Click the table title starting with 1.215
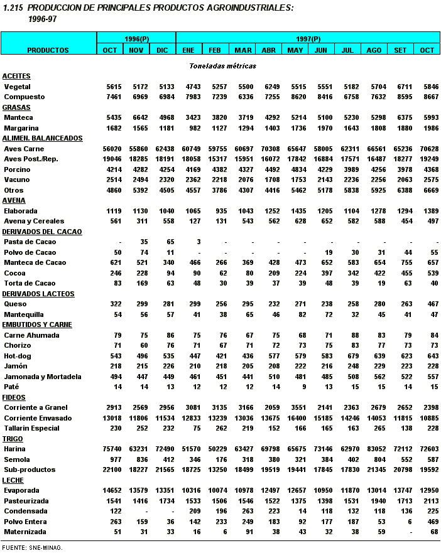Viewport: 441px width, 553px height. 161,8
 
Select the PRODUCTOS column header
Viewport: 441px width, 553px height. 48,50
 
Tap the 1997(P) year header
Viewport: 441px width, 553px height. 308,39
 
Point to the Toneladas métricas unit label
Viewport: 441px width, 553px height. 222,66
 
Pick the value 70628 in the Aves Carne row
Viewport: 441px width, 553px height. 428,149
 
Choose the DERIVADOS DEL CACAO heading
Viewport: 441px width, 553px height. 47,232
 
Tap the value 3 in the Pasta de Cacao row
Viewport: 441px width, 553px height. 198,242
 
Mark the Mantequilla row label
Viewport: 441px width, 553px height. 24,314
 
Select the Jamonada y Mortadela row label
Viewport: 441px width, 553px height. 42,377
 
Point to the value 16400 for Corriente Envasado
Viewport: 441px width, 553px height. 295,418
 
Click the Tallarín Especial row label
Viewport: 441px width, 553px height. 31,428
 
